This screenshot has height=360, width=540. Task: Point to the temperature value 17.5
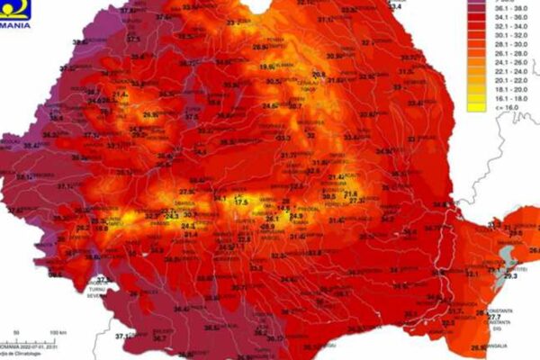click(x=241, y=202)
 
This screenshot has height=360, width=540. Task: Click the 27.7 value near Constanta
click(x=494, y=316)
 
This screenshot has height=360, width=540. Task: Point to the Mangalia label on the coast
click(x=498, y=346)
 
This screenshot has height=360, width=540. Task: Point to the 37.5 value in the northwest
click(x=133, y=39)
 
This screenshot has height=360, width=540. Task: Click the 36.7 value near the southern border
click(x=159, y=339)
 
